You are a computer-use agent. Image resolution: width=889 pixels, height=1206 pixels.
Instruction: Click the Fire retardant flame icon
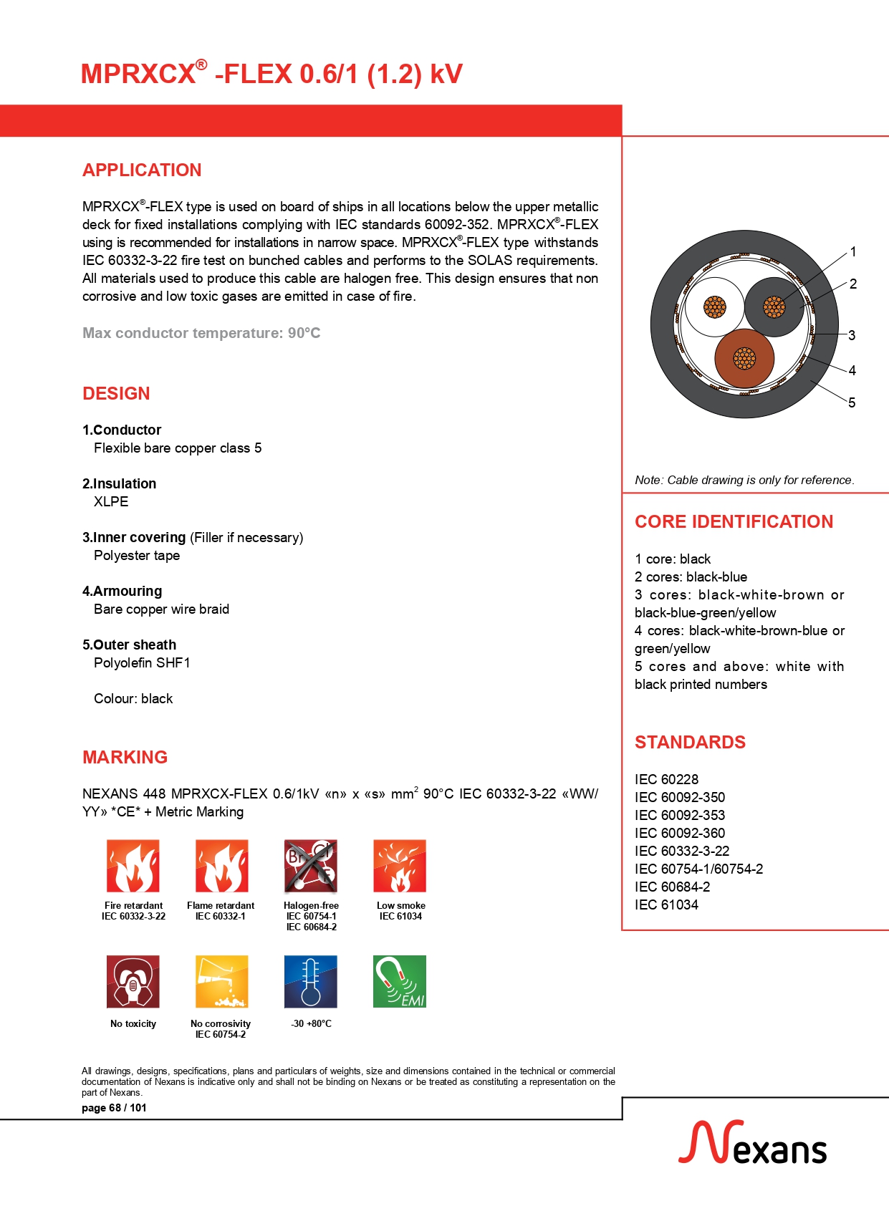tap(133, 866)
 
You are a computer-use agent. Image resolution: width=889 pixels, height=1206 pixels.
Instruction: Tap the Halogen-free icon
tap(310, 866)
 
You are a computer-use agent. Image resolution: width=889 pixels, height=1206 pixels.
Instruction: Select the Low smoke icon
tap(400, 866)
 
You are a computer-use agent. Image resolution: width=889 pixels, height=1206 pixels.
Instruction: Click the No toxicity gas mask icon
tap(133, 981)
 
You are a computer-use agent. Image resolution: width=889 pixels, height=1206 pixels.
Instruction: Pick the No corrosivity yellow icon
tap(222, 981)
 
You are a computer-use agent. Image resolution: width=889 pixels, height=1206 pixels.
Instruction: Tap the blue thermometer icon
tap(310, 981)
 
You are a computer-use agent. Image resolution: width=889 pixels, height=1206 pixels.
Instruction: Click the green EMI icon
tap(400, 981)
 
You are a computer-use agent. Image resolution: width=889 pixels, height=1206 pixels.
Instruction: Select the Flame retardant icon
tap(222, 866)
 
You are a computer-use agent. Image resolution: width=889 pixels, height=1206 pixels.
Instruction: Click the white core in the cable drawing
tap(714, 307)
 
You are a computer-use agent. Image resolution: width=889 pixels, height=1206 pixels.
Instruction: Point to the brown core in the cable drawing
tap(744, 358)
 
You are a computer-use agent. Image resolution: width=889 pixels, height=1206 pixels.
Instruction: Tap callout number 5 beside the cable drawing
tap(852, 402)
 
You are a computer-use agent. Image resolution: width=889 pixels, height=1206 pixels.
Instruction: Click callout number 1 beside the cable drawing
tap(852, 252)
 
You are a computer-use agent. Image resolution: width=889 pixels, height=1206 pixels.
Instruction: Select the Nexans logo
tap(752, 1144)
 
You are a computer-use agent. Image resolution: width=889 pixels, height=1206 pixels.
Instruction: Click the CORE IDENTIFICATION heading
tap(734, 521)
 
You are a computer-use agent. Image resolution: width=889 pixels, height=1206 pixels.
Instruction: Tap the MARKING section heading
tap(125, 757)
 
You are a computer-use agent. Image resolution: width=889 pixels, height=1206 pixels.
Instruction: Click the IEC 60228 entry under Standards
tap(666, 779)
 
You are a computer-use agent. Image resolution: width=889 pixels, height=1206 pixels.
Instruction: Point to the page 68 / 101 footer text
tap(114, 1108)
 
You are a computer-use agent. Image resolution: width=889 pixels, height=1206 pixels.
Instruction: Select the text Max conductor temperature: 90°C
tap(201, 333)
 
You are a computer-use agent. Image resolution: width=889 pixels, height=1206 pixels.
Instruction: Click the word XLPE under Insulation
tap(111, 502)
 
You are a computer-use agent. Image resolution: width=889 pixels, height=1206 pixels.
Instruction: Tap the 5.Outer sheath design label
tap(129, 645)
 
